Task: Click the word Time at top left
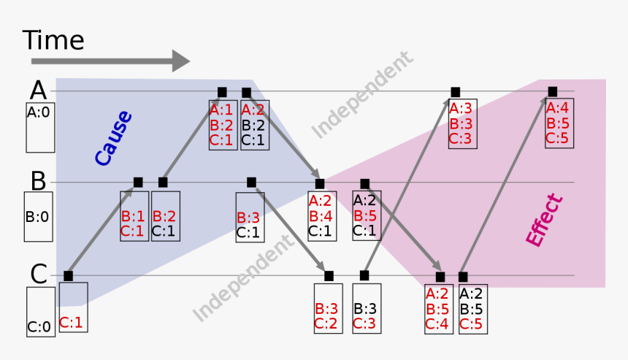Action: [53, 39]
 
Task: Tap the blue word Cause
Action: [113, 137]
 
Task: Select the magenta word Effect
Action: [545, 220]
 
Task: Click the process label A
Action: [38, 90]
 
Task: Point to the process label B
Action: [38, 180]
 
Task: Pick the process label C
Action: [38, 274]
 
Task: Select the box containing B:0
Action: [38, 217]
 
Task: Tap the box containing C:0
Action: [40, 312]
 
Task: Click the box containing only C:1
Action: [72, 307]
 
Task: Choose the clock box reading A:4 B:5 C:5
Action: [558, 123]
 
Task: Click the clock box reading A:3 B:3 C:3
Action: [463, 123]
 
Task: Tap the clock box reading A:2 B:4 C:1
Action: [321, 216]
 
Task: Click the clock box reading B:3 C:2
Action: [328, 308]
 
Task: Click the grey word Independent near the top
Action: [363, 95]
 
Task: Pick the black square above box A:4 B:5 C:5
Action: [553, 91]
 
